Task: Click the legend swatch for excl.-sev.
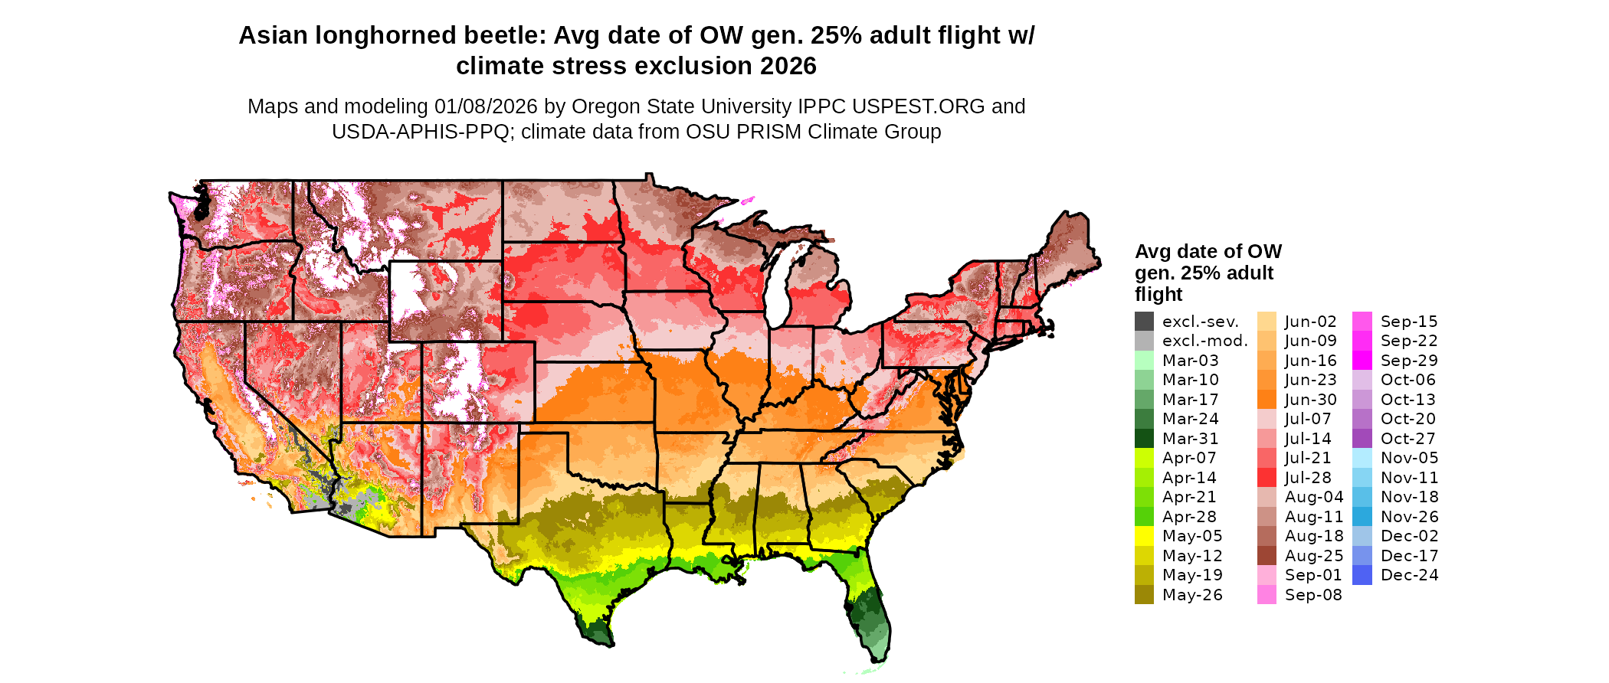pos(1144,322)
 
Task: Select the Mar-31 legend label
pos(1190,439)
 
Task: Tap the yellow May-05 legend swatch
pos(1144,536)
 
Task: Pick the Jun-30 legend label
pos(1310,400)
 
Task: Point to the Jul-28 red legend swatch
pos(1267,478)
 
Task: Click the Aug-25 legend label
pos(1313,556)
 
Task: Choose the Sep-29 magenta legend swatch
pos(1362,361)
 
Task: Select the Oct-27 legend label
pos(1407,439)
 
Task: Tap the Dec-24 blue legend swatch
pos(1362,575)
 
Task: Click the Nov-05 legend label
pos(1409,458)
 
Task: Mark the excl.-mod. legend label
pos(1204,341)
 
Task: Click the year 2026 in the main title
pos(788,67)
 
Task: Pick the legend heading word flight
pos(1158,295)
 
